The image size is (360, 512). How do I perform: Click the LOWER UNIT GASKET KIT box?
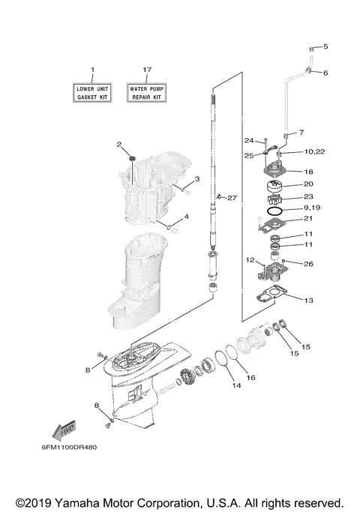[93, 93]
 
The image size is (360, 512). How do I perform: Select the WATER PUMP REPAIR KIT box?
[147, 93]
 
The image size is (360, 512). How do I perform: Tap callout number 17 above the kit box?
[147, 70]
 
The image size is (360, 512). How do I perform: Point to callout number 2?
[118, 144]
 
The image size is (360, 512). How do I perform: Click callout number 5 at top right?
[325, 47]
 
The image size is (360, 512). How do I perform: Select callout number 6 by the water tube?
[325, 73]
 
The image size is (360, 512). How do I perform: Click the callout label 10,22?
[314, 152]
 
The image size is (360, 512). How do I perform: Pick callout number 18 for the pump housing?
[308, 172]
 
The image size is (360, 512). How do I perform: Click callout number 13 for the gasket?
[308, 300]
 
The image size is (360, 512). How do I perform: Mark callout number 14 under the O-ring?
[235, 387]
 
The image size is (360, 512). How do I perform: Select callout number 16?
[251, 377]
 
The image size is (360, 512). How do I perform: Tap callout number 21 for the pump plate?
[308, 219]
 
